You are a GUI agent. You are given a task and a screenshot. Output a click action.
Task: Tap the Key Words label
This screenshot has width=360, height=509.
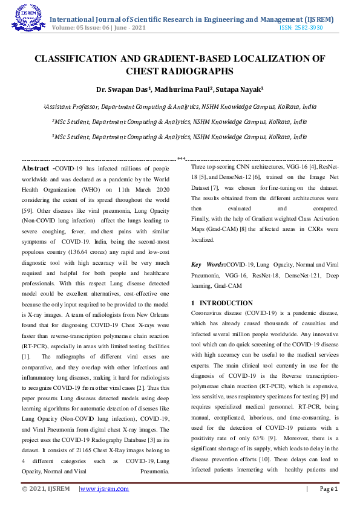pos(208,264)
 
